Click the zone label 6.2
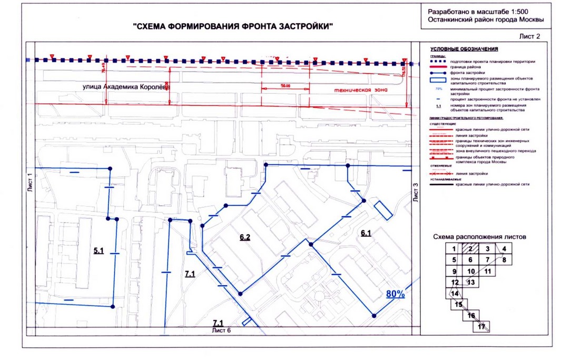(244, 238)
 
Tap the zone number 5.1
(99, 251)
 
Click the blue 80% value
(395, 294)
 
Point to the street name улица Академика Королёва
(126, 87)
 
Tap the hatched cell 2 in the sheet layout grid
(471, 249)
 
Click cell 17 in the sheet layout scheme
(480, 327)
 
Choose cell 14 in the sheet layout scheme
(455, 294)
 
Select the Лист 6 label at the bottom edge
(221, 330)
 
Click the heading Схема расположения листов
(478, 237)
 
